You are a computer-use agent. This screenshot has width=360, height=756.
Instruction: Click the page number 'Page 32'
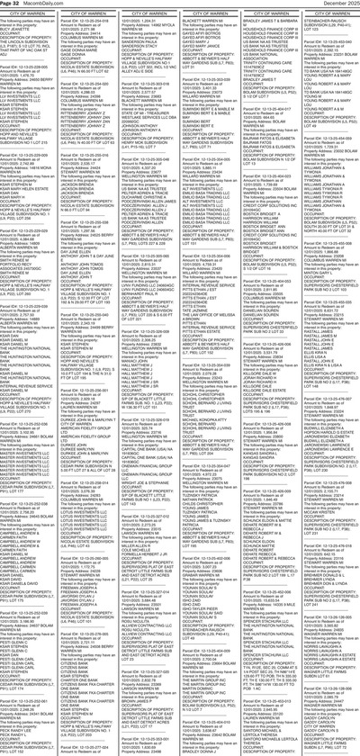point(11,4)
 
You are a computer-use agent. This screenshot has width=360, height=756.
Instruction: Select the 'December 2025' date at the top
point(337,4)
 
